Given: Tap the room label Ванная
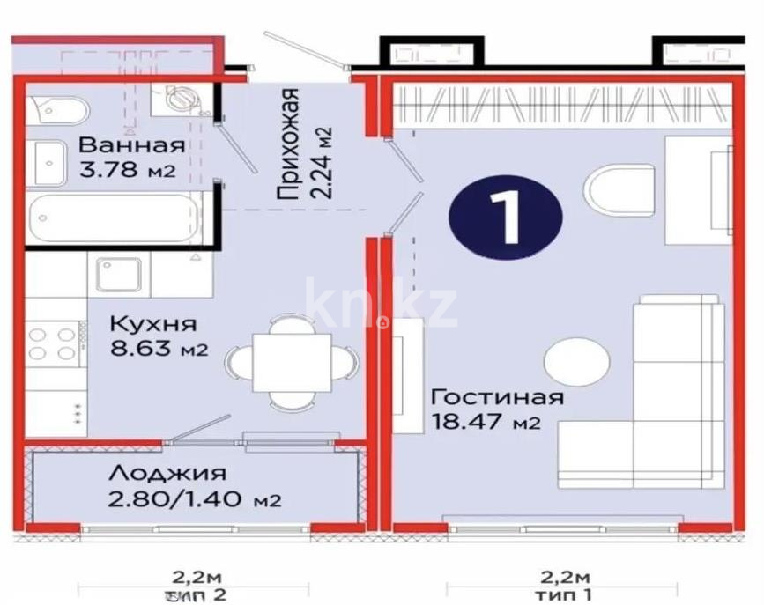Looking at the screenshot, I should click(132, 145).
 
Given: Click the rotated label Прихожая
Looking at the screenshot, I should click(290, 145).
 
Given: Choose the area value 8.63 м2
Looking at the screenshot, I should click(158, 349).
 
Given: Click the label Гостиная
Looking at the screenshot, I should click(498, 396).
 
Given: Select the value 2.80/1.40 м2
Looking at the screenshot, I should click(193, 500).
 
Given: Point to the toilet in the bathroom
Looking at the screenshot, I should click(60, 110).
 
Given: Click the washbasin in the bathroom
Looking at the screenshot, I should click(46, 161).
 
